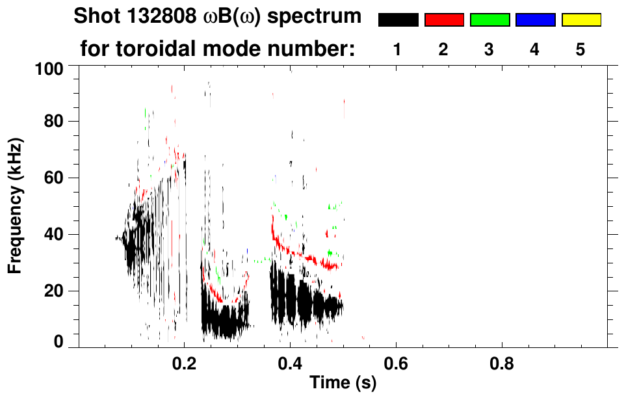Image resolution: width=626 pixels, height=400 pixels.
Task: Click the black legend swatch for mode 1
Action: [398, 20]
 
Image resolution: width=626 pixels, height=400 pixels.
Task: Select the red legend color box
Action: [444, 20]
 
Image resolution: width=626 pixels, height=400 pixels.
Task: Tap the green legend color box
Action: [489, 20]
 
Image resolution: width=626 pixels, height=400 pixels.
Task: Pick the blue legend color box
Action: [535, 20]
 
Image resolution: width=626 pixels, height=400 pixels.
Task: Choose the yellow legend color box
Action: [580, 20]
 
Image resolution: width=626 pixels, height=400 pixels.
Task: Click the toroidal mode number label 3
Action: [489, 49]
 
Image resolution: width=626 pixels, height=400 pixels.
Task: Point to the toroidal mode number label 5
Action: [580, 49]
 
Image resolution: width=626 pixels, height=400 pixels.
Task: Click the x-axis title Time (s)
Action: [342, 384]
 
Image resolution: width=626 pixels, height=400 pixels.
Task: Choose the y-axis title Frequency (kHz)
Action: [16, 206]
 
